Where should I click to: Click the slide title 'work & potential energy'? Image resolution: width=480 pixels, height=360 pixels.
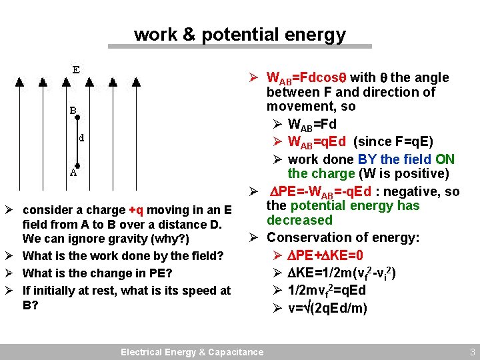240,35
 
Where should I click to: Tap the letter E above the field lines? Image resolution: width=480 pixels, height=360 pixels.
77,69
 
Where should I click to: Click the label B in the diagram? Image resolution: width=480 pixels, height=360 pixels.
73,111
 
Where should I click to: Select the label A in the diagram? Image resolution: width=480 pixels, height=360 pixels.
73,173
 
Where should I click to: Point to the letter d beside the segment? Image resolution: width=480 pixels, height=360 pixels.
81,139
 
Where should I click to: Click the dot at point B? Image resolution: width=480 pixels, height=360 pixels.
77,117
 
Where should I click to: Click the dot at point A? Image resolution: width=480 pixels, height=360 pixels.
77,165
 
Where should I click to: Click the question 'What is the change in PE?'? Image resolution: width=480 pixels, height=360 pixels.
97,273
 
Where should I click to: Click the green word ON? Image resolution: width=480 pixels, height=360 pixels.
445,159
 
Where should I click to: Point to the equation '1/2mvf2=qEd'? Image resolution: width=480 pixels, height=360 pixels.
327,291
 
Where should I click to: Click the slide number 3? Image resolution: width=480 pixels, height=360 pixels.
471,352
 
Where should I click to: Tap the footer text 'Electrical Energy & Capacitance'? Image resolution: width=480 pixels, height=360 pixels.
191,352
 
